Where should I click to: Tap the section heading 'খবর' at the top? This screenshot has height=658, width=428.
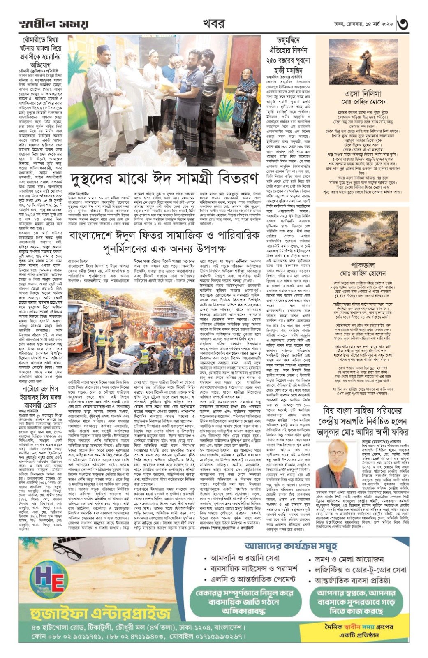pos(214,23)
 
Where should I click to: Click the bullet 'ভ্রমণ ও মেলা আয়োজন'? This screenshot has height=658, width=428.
pos(349,559)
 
